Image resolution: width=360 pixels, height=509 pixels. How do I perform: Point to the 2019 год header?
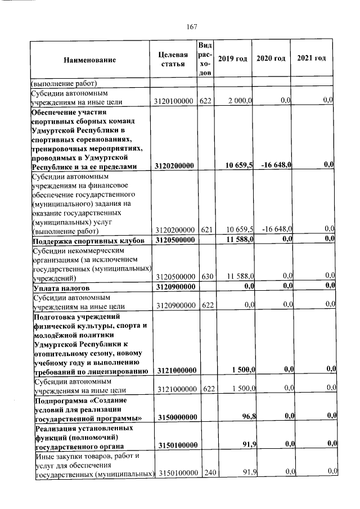coord(232,59)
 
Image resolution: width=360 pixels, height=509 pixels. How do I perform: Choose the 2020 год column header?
coord(271,59)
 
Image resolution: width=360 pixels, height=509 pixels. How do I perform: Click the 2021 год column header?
coord(311,59)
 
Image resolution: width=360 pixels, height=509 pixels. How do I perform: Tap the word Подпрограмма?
coord(60,400)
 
